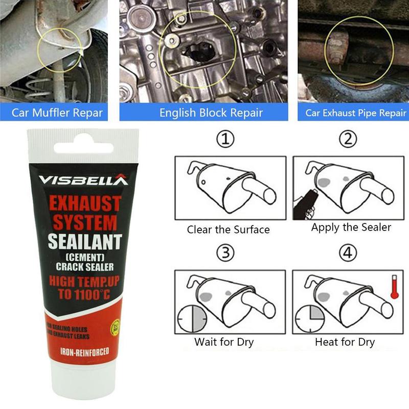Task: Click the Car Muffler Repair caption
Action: [57, 112]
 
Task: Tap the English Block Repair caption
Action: [211, 112]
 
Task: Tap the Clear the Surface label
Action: [228, 230]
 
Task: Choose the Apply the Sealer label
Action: [351, 228]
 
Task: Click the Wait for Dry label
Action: [224, 342]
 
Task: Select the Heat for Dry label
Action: [345, 342]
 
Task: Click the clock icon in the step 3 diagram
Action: [191, 320]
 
